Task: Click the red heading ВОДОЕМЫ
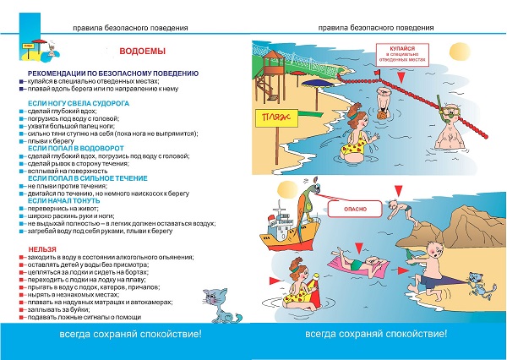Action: [135, 51]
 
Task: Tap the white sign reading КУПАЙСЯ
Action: [398, 55]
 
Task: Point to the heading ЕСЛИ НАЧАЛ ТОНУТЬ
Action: [60, 199]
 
